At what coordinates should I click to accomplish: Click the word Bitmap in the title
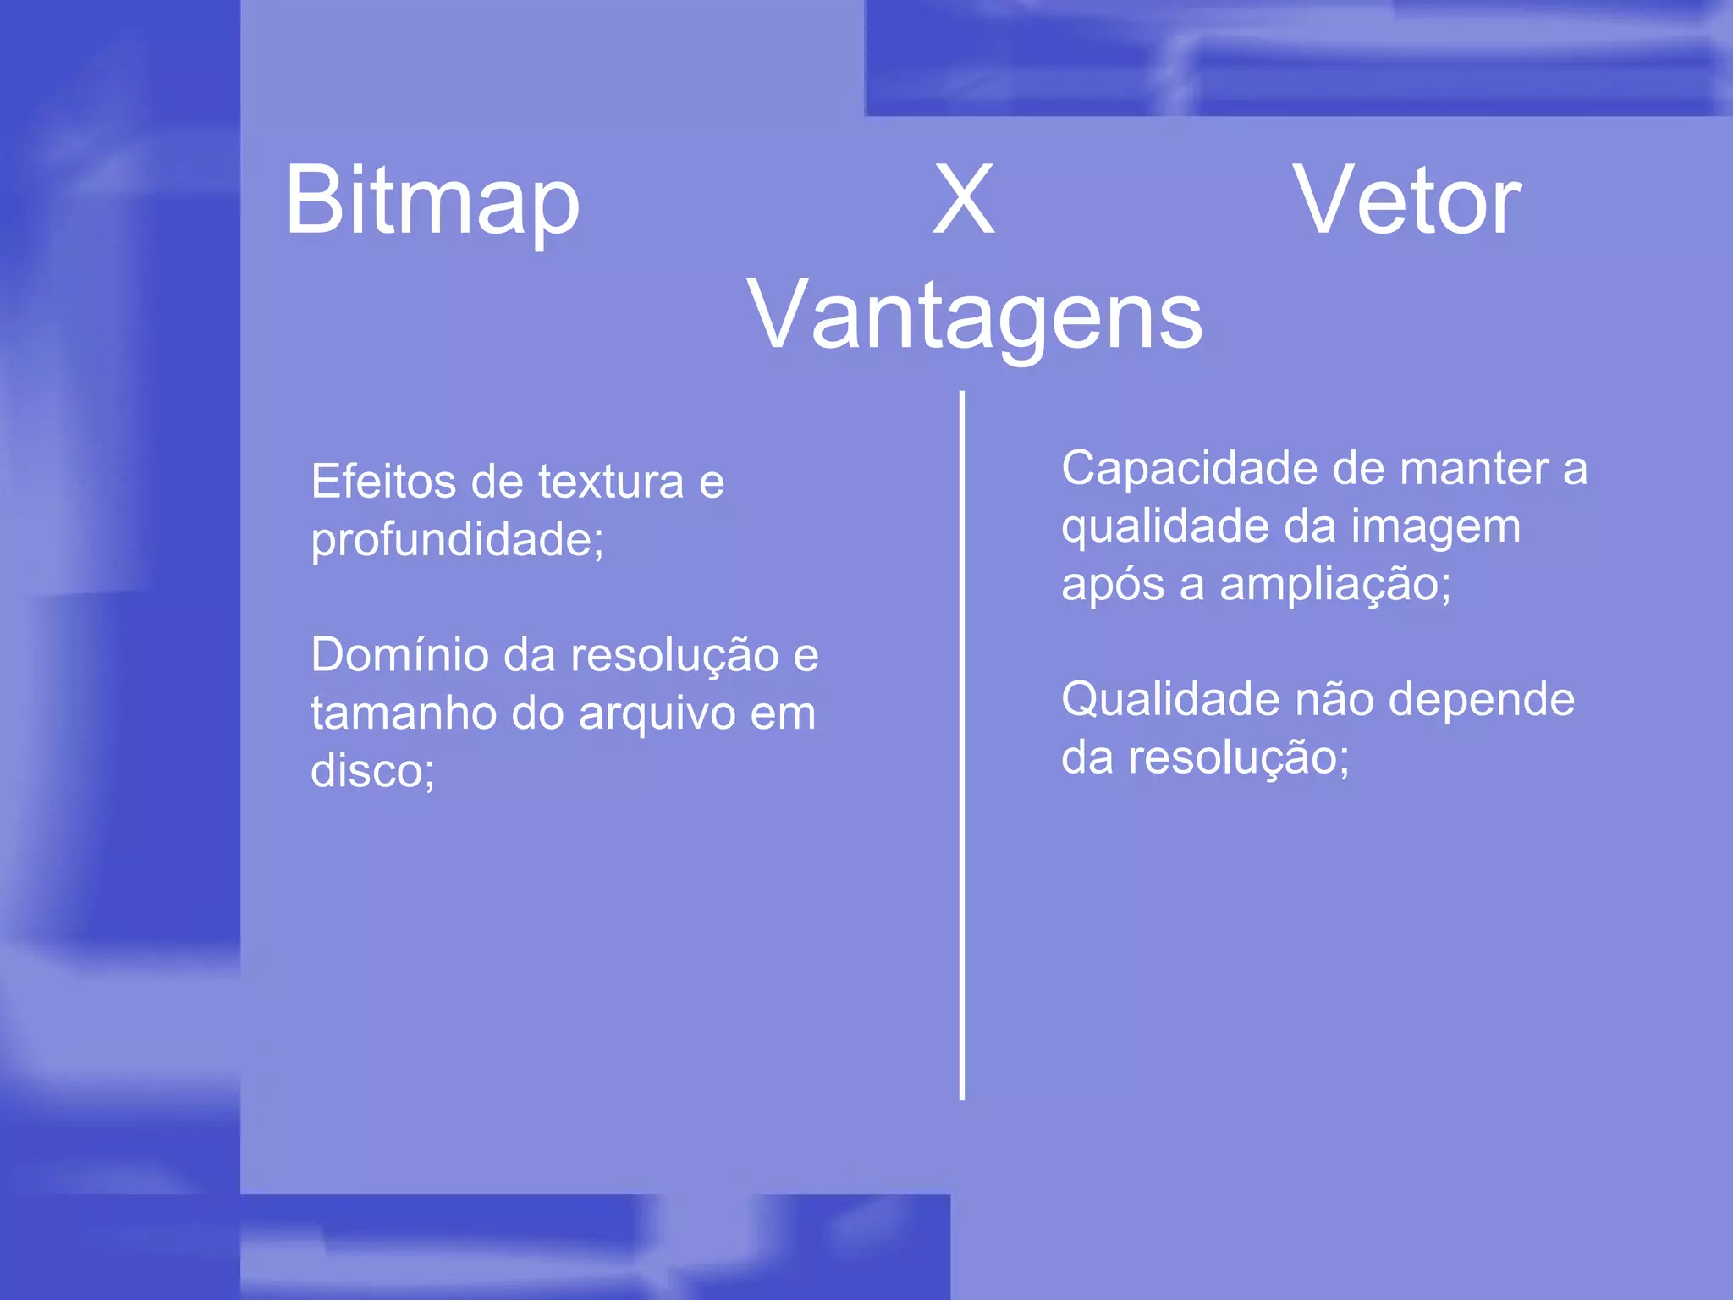(432, 201)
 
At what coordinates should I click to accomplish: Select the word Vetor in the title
(1406, 201)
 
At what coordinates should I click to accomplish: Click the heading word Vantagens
(974, 317)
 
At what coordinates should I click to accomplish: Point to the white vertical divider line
(962, 745)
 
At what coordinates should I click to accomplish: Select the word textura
(610, 482)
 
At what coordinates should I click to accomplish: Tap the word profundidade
(454, 541)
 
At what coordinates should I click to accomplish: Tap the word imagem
(1435, 526)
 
